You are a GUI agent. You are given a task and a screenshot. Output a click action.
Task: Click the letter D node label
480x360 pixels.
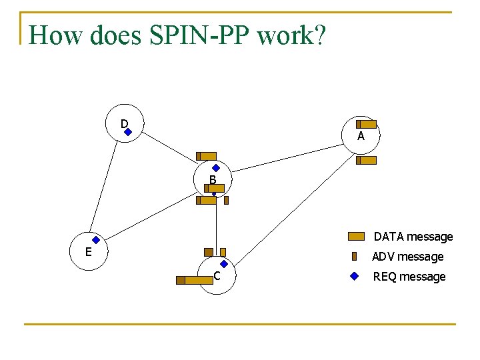coord(124,124)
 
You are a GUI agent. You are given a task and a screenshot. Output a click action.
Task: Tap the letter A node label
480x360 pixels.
coord(361,135)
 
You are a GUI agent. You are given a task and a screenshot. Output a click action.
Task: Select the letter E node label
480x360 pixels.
coord(89,252)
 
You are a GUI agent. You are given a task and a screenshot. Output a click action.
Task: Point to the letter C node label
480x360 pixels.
coord(217,276)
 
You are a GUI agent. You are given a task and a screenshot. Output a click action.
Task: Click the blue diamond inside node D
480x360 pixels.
coord(128,132)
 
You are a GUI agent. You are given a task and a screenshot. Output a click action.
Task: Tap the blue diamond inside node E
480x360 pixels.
coord(96,240)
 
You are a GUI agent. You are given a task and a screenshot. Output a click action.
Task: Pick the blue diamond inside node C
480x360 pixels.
coord(224,264)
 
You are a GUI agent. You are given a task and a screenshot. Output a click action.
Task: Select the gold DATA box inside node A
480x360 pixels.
coord(366,124)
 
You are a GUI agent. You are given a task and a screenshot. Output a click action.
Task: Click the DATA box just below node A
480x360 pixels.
coord(366,161)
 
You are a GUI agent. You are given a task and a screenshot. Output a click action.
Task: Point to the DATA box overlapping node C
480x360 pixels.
coord(195,280)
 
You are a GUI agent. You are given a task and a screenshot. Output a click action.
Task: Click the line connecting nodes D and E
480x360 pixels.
coord(103,186)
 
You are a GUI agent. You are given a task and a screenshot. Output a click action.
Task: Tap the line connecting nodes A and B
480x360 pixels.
coord(287,158)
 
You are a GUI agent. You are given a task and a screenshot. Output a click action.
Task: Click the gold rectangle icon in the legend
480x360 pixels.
coord(356,236)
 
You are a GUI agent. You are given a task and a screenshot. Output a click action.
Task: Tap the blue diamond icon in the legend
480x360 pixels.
coord(355,277)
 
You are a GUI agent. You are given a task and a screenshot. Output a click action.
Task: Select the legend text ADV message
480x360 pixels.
coord(408,257)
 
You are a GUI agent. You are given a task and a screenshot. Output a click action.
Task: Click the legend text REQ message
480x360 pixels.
coord(409,277)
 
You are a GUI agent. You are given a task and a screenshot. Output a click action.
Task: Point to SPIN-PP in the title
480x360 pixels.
coord(199,35)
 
